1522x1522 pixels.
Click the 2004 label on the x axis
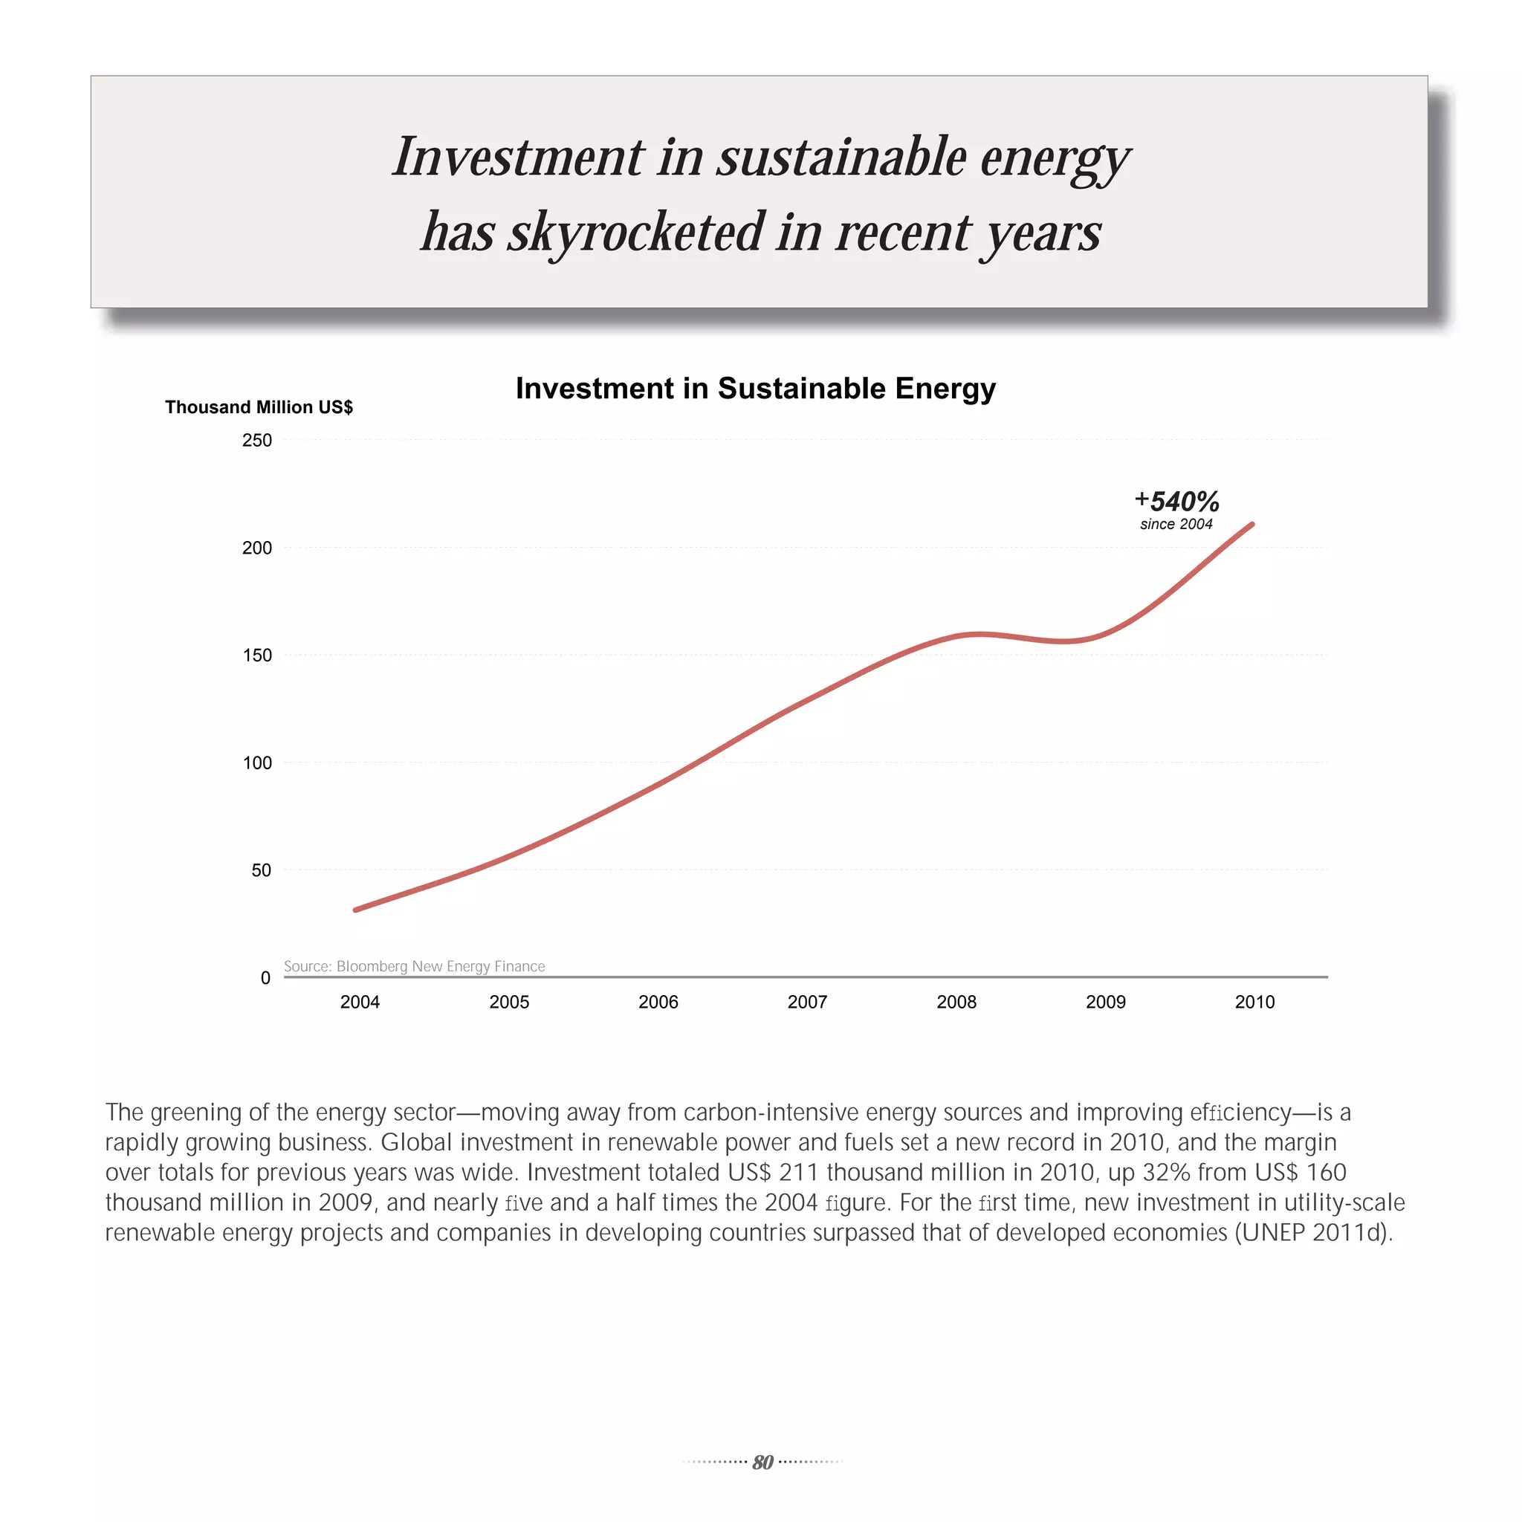(x=359, y=1002)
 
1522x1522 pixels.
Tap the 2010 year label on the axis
(x=1254, y=1002)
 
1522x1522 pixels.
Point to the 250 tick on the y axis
(x=257, y=441)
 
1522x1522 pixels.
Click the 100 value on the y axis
(x=257, y=762)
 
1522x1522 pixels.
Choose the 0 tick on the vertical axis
(x=265, y=978)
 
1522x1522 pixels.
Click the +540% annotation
(x=1177, y=501)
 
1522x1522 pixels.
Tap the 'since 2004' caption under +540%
(x=1176, y=525)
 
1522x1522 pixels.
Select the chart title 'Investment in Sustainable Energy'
(x=756, y=389)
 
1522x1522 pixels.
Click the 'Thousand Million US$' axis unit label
(x=259, y=407)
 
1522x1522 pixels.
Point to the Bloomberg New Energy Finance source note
(x=415, y=966)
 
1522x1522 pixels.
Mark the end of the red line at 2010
(x=1251, y=525)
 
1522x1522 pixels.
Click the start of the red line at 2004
(x=356, y=910)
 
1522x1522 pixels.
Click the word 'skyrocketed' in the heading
(x=635, y=233)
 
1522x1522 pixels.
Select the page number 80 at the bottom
(x=762, y=1462)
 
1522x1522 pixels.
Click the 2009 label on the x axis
(x=1105, y=1002)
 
